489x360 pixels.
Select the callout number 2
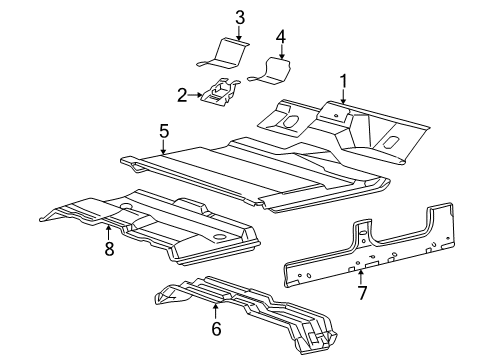[182, 95]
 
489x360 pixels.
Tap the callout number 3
[240, 16]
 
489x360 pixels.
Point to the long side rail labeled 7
[370, 255]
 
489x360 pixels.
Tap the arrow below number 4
[281, 53]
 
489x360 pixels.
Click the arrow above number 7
[359, 276]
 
